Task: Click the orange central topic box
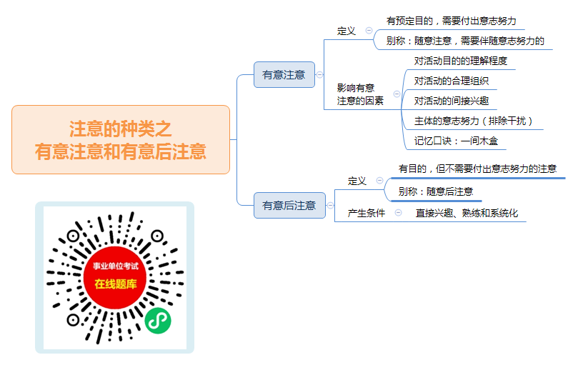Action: click(x=121, y=139)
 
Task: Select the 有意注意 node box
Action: click(x=284, y=74)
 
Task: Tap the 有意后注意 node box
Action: click(x=289, y=206)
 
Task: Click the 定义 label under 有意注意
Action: click(x=346, y=31)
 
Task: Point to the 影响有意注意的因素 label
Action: click(x=360, y=94)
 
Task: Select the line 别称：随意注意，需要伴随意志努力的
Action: click(x=465, y=41)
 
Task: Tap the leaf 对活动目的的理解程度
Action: click(x=460, y=61)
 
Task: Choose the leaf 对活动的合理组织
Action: click(x=452, y=81)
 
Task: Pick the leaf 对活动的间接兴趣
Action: click(x=452, y=101)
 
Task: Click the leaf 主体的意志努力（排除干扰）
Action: click(x=474, y=121)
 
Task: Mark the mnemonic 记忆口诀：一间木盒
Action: click(x=456, y=141)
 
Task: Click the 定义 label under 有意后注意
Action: click(x=357, y=181)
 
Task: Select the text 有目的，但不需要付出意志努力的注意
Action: click(x=477, y=169)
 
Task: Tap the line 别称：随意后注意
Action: click(x=436, y=191)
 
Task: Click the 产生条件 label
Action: click(x=367, y=213)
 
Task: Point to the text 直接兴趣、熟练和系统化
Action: click(x=467, y=213)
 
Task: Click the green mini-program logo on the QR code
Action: click(x=158, y=321)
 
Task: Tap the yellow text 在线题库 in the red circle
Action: click(x=115, y=284)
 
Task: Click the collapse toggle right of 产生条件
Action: click(x=398, y=212)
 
